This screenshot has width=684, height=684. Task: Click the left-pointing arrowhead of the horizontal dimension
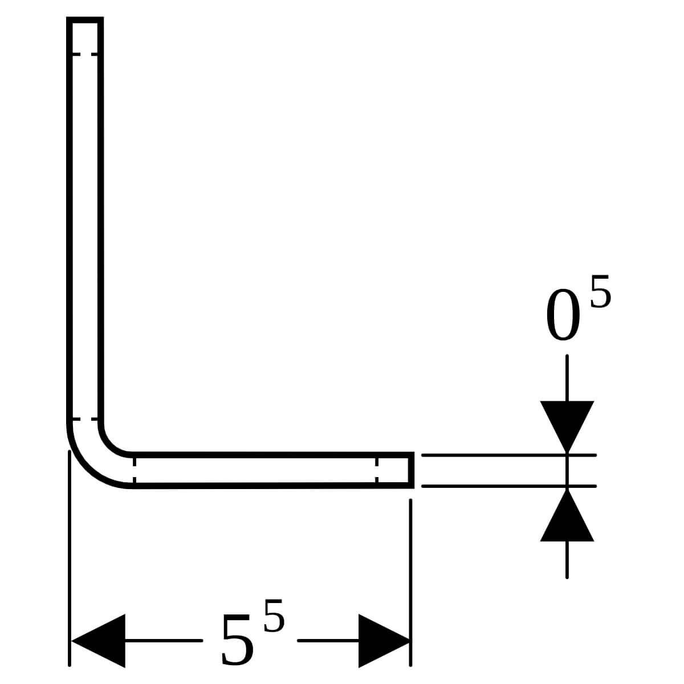click(98, 640)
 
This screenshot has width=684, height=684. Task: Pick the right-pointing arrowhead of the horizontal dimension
click(385, 640)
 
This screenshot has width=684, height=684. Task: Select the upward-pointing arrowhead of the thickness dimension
click(567, 515)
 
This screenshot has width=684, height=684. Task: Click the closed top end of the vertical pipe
click(85, 20)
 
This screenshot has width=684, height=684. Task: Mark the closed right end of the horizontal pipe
click(411, 470)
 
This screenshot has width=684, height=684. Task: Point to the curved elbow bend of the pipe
click(95, 458)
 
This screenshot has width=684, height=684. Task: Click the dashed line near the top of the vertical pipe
click(85, 54)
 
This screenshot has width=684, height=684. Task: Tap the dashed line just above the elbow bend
click(85, 419)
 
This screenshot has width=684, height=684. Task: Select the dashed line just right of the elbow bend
click(135, 470)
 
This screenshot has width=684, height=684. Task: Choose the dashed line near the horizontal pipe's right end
click(377, 470)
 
